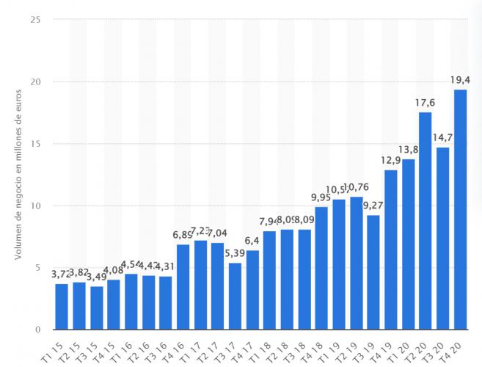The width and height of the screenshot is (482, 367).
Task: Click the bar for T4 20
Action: coord(460,209)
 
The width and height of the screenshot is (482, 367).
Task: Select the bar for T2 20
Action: coord(426,220)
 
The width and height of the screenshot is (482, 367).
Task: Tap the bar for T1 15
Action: coord(62,306)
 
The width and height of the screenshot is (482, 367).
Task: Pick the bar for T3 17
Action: coord(235,296)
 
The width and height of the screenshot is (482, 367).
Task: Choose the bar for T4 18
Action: coord(321,268)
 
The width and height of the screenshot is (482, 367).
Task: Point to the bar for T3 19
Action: coord(373,272)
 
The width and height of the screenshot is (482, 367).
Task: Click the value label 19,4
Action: coord(460,79)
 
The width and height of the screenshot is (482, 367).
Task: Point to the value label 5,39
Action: coord(235,253)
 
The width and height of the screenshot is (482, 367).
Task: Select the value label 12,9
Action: coord(390,161)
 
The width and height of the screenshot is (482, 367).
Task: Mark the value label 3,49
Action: coord(96,277)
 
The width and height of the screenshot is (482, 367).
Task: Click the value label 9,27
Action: coord(373,206)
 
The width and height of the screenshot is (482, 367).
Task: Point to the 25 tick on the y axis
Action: coord(35,19)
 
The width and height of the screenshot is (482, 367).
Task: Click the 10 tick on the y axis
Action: coord(35,206)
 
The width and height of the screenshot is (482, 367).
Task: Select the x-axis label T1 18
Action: coord(266,348)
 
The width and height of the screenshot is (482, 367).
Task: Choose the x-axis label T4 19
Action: coord(387,348)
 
